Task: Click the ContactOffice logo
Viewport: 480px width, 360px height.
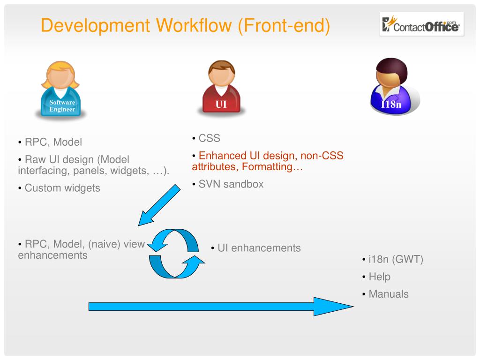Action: (421, 24)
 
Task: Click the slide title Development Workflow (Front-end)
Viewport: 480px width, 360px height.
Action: (185, 25)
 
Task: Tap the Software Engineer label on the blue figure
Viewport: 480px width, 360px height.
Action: (62, 106)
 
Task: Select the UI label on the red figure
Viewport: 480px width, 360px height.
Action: (221, 105)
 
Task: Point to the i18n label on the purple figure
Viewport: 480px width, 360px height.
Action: (391, 104)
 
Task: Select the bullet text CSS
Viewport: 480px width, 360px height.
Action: (209, 138)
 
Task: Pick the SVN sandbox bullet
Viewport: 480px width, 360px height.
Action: (231, 184)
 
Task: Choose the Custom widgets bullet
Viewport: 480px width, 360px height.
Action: (62, 188)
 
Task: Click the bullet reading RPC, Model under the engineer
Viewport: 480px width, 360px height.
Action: (53, 142)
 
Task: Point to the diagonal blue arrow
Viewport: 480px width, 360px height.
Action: (159, 205)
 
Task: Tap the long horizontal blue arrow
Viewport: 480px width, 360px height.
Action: (220, 306)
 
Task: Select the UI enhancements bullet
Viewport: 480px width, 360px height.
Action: (259, 248)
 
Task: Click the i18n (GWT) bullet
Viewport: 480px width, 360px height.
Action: (396, 259)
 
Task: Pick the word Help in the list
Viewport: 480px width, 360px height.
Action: (379, 277)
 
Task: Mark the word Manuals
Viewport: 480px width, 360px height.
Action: (389, 294)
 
